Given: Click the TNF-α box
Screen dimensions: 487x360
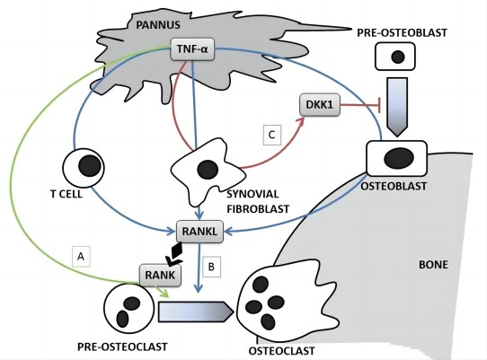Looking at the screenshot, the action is pyautogui.click(x=192, y=49).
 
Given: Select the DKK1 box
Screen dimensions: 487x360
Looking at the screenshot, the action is pyautogui.click(x=320, y=105).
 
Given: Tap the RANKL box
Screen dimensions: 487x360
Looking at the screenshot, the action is pyautogui.click(x=199, y=232).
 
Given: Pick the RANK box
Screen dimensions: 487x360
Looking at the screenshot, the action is pyautogui.click(x=160, y=275).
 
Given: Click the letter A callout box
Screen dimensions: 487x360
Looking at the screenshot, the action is pyautogui.click(x=81, y=257).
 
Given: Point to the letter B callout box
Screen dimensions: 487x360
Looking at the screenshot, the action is pyautogui.click(x=211, y=267).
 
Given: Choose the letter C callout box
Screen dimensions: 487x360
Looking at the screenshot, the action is pyautogui.click(x=271, y=135).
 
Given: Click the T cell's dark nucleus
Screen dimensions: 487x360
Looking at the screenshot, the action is pyautogui.click(x=90, y=166).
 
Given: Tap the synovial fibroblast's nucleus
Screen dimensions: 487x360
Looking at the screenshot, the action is pyautogui.click(x=208, y=170).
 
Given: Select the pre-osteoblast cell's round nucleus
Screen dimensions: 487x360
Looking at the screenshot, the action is pyautogui.click(x=398, y=57).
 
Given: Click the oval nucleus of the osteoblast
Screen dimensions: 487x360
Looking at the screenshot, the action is pyautogui.click(x=399, y=158).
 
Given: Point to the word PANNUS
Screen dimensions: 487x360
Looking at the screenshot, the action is pyautogui.click(x=158, y=25).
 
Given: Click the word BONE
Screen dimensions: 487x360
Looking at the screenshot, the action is pyautogui.click(x=434, y=265).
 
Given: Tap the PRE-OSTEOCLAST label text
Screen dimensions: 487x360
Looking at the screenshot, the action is pyautogui.click(x=122, y=347).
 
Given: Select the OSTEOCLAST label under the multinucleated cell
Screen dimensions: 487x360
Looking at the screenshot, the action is pyautogui.click(x=282, y=351).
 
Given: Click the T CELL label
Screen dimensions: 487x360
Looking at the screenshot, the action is pyautogui.click(x=66, y=194).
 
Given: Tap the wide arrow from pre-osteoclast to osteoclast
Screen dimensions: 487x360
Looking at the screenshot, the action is pyautogui.click(x=196, y=312).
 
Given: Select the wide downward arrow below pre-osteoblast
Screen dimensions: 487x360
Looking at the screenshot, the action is pyautogui.click(x=397, y=107).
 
